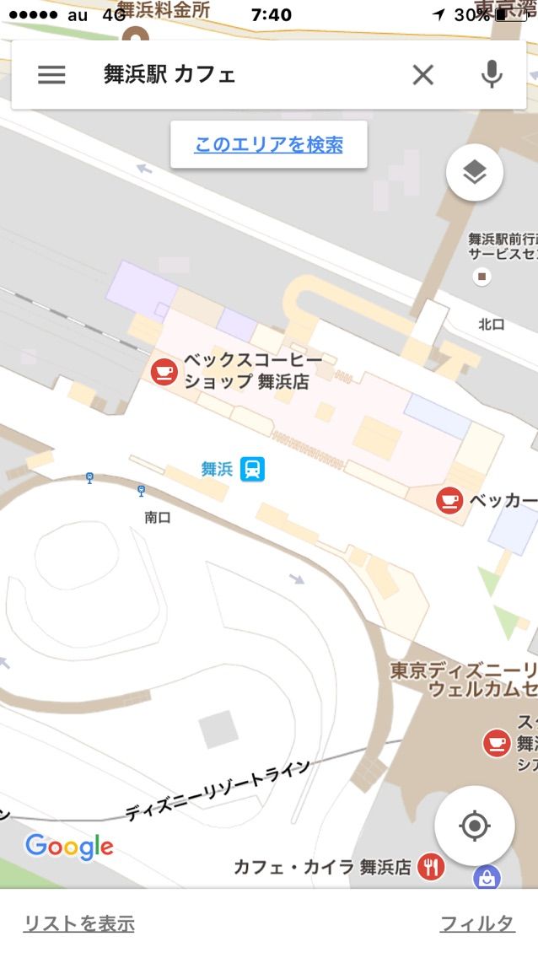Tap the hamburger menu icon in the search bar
click(51, 75)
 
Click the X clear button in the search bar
click(422, 75)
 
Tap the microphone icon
click(492, 75)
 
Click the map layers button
click(475, 174)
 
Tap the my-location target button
click(475, 826)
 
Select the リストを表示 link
click(78, 923)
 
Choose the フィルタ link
click(477, 923)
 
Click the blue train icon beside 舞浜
click(251, 469)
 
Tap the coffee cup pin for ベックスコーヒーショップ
click(164, 371)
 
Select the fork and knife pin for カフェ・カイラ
click(431, 867)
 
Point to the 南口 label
click(158, 518)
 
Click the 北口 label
click(491, 324)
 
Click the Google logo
click(69, 847)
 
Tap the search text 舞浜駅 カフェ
click(169, 75)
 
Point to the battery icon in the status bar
click(510, 15)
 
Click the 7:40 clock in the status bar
click(272, 15)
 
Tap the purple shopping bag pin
click(487, 879)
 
